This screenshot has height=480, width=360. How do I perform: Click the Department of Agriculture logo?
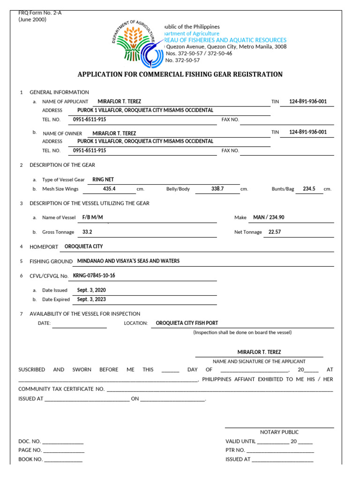click(x=136, y=43)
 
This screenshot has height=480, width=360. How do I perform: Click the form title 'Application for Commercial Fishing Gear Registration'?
click(x=180, y=74)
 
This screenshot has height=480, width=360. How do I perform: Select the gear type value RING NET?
click(x=103, y=180)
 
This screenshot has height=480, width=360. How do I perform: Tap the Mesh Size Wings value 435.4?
click(x=109, y=189)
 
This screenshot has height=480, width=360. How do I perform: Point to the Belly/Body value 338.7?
click(x=217, y=189)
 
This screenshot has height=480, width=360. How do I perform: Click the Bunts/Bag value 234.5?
click(x=309, y=189)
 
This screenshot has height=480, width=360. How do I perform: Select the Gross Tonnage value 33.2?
click(x=87, y=232)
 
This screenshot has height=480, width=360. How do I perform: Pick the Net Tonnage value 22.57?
click(x=275, y=232)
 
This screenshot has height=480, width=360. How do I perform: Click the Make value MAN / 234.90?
click(x=269, y=217)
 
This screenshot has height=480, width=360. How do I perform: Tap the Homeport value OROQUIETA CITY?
click(x=83, y=247)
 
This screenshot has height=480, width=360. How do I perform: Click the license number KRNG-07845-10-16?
click(x=94, y=276)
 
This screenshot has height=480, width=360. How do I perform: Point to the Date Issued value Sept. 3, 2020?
click(x=91, y=290)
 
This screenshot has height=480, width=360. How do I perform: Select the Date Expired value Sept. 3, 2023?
click(x=91, y=300)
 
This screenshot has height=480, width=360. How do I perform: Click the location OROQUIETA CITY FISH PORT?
click(x=187, y=323)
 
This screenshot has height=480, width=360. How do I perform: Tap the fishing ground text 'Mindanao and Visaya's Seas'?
click(x=128, y=261)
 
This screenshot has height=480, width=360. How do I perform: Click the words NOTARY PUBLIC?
click(x=279, y=432)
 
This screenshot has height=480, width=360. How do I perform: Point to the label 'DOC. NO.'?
click(x=30, y=442)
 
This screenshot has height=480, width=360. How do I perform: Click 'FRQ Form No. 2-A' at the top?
click(x=40, y=13)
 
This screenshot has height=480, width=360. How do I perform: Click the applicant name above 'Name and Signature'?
click(x=259, y=352)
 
